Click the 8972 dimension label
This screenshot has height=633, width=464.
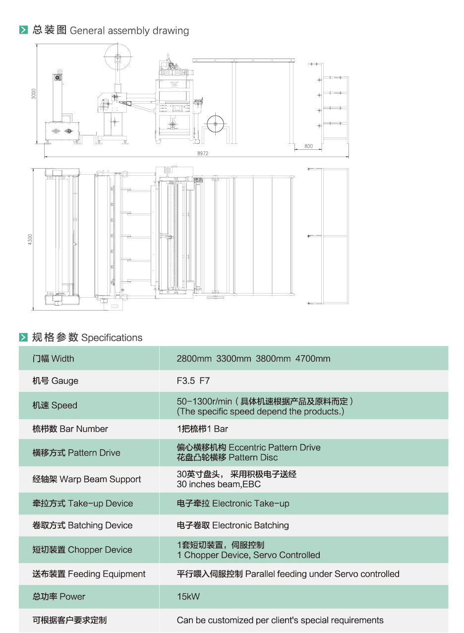pos(202,154)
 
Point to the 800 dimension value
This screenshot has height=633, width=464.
pos(308,146)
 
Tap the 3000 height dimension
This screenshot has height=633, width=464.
pos(33,93)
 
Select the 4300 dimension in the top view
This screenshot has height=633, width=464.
pos(30,239)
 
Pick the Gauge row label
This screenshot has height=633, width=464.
pos(56,381)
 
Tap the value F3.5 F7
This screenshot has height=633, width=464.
pos(193,381)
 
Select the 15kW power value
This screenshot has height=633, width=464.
pos(188,597)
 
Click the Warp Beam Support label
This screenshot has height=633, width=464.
pos(87,479)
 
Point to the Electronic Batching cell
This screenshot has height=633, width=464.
pos(233,525)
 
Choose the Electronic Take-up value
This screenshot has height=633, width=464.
pos(233,504)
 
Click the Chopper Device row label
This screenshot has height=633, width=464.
pos(82,550)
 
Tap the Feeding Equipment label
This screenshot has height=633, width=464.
pos(89,574)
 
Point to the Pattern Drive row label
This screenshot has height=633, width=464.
pos(76,452)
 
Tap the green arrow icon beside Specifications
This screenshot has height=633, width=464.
pos(23,338)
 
